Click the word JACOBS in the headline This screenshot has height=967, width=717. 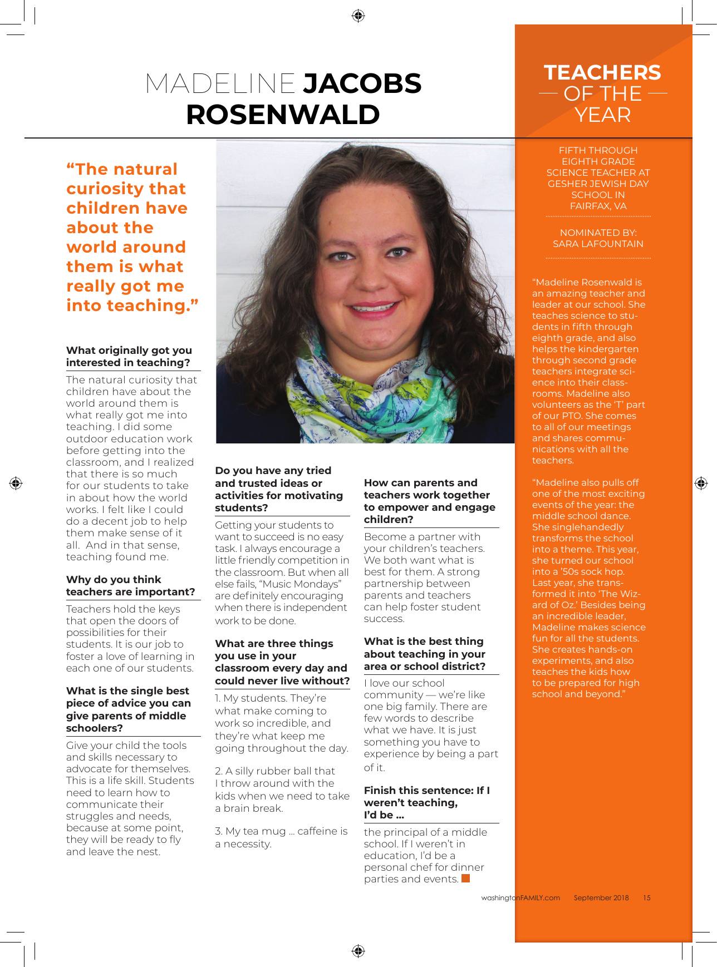362,83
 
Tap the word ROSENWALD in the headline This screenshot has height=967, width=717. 283,115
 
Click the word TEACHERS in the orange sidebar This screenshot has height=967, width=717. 602,72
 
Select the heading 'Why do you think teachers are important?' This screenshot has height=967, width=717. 131,585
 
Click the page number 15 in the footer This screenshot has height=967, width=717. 646,897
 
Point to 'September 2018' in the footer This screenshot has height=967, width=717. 601,897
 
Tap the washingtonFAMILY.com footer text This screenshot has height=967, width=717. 520,897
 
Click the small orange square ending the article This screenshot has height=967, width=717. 466,879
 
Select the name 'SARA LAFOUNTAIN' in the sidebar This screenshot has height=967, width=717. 598,244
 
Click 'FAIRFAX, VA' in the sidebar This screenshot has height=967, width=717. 598,206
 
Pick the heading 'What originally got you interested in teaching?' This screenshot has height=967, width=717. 129,356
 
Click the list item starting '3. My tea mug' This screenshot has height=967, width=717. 281,837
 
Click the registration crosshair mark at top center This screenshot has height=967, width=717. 358,15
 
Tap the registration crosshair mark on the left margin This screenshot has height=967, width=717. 16,482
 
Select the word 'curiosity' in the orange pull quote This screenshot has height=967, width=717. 126,189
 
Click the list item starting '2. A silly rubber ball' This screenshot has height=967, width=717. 282,789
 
